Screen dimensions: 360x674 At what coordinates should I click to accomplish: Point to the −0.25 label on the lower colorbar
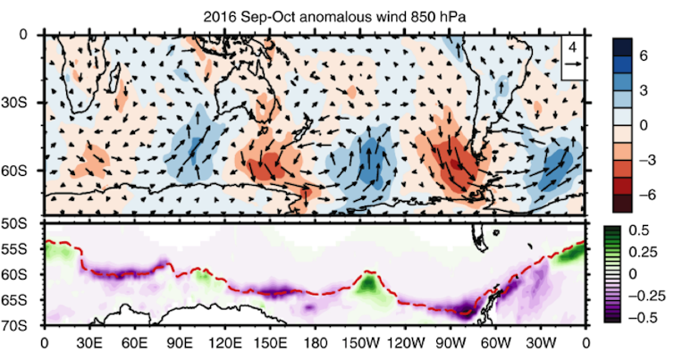[x=651, y=293]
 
